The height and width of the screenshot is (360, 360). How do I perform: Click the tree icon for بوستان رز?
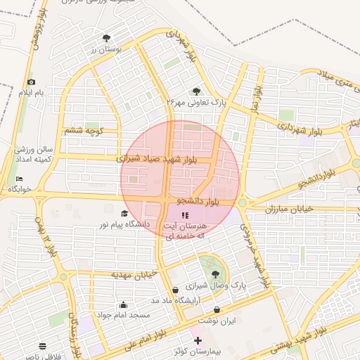point(106,38)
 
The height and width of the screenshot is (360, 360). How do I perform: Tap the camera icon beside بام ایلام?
point(30,82)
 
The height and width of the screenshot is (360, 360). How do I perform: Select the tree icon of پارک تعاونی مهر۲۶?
point(196,91)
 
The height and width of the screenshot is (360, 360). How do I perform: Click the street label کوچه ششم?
point(84,130)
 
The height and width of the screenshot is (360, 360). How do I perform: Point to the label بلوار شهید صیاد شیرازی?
point(166,159)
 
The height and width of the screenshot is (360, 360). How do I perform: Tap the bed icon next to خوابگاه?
point(19,179)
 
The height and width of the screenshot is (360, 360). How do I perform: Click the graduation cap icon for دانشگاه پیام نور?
point(124,213)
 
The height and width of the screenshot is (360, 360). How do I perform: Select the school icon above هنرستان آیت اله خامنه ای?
point(185,215)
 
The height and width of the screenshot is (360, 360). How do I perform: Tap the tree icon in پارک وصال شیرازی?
point(214,274)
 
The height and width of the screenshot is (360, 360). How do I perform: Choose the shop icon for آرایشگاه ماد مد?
point(175,290)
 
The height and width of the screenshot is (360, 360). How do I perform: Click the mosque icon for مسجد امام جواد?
point(124,304)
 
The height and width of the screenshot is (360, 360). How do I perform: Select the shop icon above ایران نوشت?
point(217,309)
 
